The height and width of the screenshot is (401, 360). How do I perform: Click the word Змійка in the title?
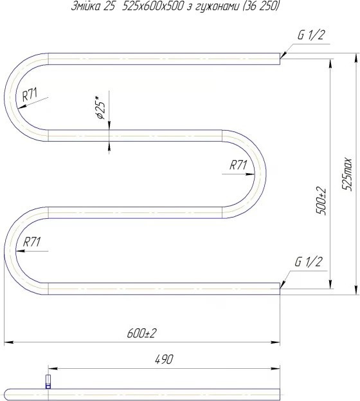[85, 6]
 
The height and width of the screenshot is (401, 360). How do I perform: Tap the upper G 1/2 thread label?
[310, 35]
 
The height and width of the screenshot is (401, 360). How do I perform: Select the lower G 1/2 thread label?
[308, 261]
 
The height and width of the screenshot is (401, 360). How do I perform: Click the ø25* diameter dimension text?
[100, 107]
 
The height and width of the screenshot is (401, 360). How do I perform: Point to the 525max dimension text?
[347, 174]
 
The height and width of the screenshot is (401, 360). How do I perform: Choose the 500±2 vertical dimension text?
[321, 201]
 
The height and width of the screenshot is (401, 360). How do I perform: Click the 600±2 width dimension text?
[141, 333]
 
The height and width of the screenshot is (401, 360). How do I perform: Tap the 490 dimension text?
[164, 359]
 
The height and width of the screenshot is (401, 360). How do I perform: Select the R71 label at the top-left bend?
[30, 95]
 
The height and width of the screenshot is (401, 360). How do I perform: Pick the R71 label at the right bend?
[238, 165]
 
